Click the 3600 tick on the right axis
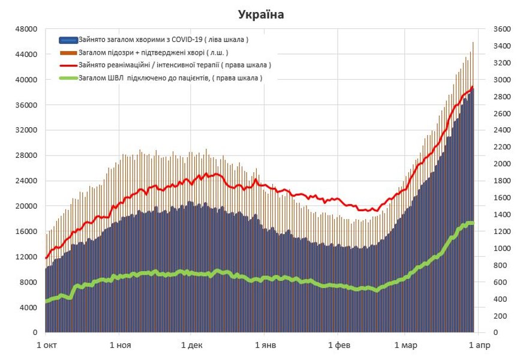501,29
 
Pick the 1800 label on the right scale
501,181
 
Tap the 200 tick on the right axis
499,316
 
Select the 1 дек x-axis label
191,346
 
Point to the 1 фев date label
337,346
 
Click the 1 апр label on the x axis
478,346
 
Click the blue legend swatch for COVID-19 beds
68,40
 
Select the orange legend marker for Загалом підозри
68,53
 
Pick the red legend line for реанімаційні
68,65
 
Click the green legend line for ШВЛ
68,78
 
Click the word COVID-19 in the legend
187,40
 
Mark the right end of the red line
473,88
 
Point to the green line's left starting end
46,302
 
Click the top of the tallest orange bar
473,43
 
